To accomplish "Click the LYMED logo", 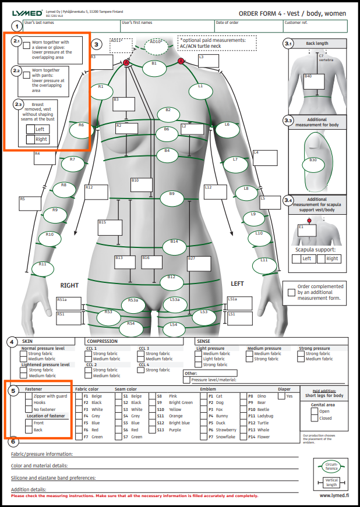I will tap(27, 13).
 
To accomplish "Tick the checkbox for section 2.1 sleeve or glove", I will tap(27, 45).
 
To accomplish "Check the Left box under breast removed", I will tap(30, 129).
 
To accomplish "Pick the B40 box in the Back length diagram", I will tap(313, 81).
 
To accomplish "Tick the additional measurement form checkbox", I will tap(291, 292).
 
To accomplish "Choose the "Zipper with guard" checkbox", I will tap(29, 396).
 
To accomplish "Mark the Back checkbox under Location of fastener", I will tap(29, 430).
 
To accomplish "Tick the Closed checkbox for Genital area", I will tap(315, 418).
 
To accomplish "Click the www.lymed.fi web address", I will tap(334, 496).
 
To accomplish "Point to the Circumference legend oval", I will tap(331, 466).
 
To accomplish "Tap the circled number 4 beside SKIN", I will tap(12, 341).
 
